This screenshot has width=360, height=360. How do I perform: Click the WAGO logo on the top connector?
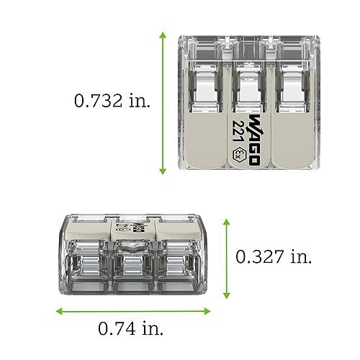253,140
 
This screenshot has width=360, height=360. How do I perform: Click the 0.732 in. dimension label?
113,101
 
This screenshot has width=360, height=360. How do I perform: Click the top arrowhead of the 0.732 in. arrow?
163,35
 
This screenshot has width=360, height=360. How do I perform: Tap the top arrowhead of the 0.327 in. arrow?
227,221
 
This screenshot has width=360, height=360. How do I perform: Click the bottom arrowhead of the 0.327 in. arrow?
227,295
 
